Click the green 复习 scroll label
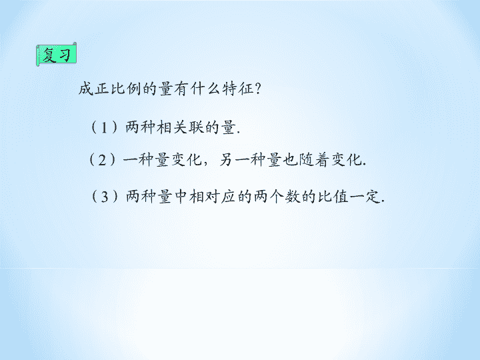pos(56,54)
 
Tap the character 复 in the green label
pos(49,55)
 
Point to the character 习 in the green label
pos(65,55)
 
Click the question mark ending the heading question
pos(257,89)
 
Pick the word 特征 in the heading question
pos(238,89)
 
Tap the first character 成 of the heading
pos(86,89)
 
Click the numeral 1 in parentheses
pos(104,127)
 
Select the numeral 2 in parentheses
pos(102,160)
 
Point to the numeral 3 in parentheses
pos(105,197)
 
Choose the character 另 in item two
pos(226,159)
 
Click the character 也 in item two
pos(290,159)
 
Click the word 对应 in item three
pos(220,196)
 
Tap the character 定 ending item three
pos(373,196)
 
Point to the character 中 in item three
pos(181,196)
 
